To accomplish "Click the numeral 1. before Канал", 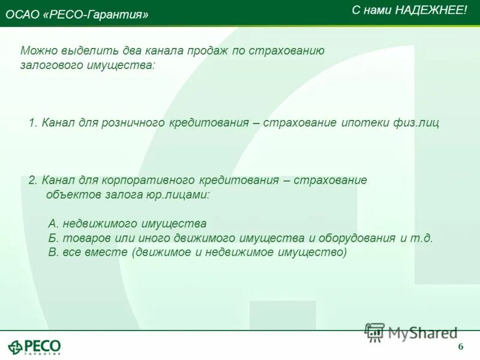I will pos(33,123).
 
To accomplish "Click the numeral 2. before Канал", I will pos(33,180).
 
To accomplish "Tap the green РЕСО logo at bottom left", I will pos(34,346).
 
